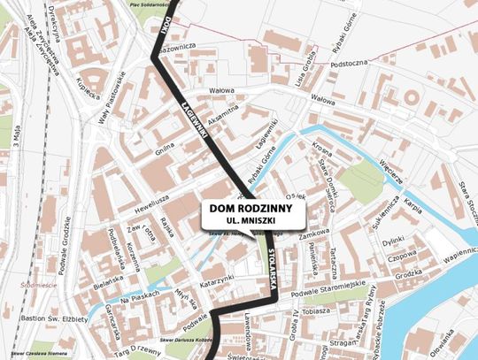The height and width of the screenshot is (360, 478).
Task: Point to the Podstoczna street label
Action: [349, 64]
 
